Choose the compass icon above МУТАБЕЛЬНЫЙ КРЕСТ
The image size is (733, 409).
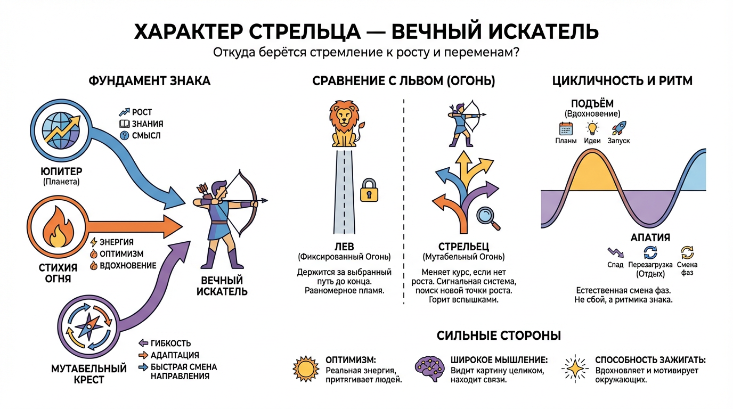(88, 326)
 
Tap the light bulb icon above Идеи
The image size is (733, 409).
(592, 128)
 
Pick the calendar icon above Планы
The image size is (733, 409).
(566, 128)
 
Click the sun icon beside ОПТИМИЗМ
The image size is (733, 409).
(306, 369)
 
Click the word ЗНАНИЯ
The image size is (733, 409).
(147, 124)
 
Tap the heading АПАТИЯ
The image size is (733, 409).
(650, 238)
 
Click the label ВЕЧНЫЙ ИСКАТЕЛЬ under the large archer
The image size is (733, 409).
(222, 286)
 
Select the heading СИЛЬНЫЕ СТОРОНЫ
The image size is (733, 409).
(499, 336)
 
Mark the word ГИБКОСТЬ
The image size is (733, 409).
(170, 343)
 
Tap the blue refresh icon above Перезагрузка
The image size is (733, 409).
(650, 252)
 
